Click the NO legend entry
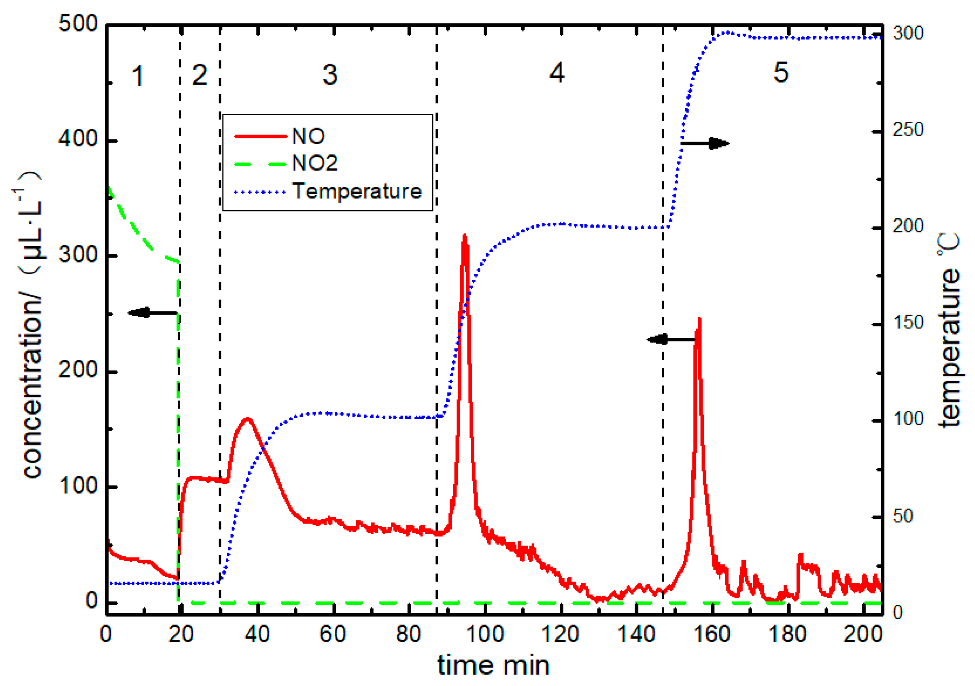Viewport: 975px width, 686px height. tap(308, 136)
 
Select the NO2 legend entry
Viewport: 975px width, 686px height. tap(314, 163)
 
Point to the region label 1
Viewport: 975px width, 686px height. tap(138, 77)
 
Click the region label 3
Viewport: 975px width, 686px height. tap(330, 75)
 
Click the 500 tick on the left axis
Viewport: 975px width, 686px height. tap(78, 24)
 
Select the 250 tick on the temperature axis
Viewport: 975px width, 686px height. tap(908, 130)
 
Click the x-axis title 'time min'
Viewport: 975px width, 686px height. tap(493, 666)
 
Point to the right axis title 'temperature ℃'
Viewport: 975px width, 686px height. tap(950, 331)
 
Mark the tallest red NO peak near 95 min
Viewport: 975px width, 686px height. tap(465, 236)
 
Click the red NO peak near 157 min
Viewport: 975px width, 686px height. tap(699, 320)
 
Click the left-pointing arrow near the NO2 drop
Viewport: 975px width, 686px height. tap(153, 313)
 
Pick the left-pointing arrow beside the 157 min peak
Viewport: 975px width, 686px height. tap(671, 339)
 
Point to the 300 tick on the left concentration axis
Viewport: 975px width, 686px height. tap(78, 255)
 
